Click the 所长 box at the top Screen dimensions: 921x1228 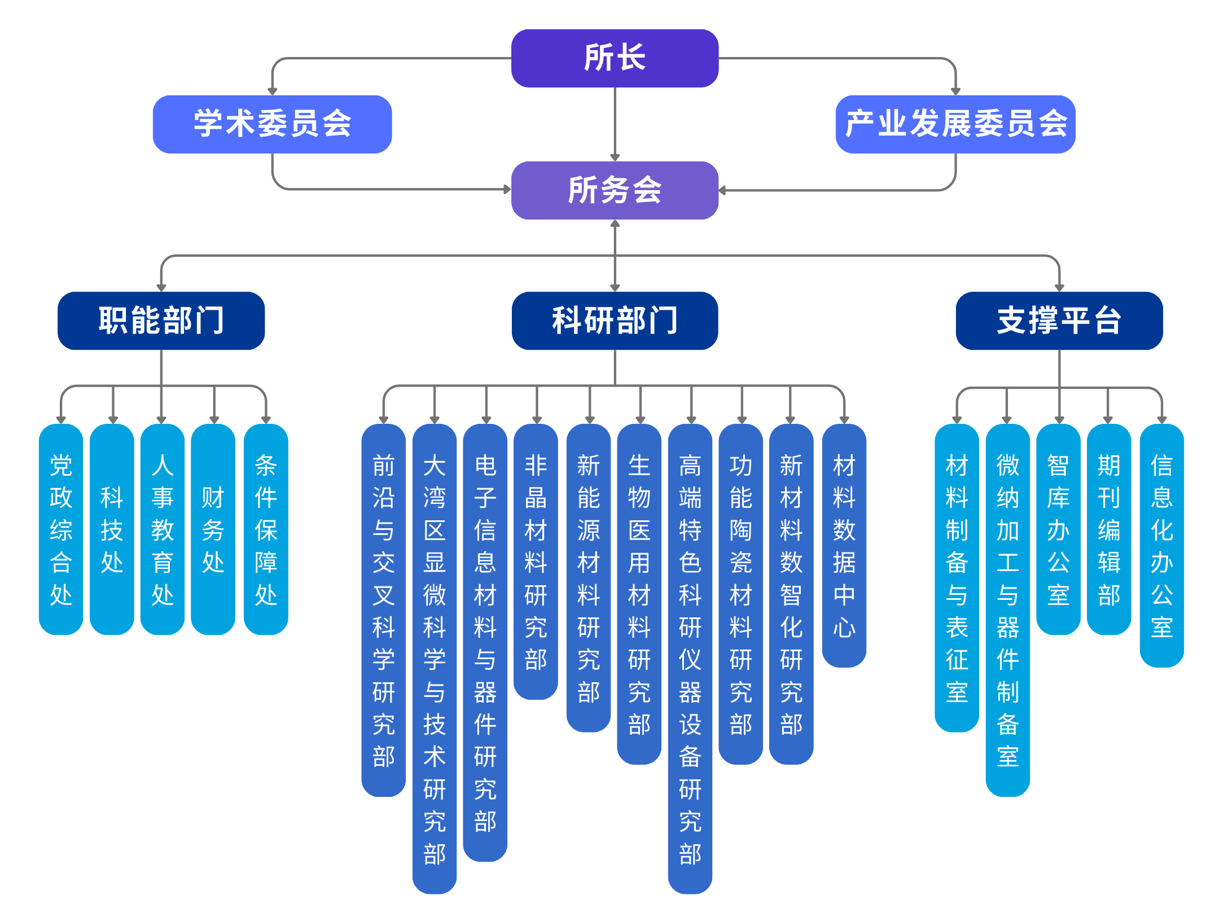point(615,58)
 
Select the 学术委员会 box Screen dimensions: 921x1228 point(272,124)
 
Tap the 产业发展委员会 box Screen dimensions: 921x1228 point(955,124)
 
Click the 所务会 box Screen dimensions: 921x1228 point(615,190)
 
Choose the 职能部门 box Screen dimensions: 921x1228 point(161,321)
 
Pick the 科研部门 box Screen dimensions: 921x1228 point(615,321)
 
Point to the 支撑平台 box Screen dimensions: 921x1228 point(1059,321)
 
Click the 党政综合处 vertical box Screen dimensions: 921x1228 point(61,529)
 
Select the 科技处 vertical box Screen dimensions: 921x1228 point(112,529)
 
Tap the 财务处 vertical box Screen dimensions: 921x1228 point(213,529)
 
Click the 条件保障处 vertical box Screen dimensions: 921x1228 point(266,529)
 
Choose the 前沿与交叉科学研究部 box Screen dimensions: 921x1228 point(384,609)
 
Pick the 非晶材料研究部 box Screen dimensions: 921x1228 point(536,562)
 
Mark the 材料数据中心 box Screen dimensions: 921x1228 point(844,545)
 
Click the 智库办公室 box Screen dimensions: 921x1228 point(1059,529)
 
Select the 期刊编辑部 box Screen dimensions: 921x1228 point(1109,529)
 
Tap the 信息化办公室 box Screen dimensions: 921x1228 point(1162,545)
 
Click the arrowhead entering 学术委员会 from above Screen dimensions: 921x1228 point(272,90)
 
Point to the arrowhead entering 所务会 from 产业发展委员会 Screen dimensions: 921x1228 point(723,191)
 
